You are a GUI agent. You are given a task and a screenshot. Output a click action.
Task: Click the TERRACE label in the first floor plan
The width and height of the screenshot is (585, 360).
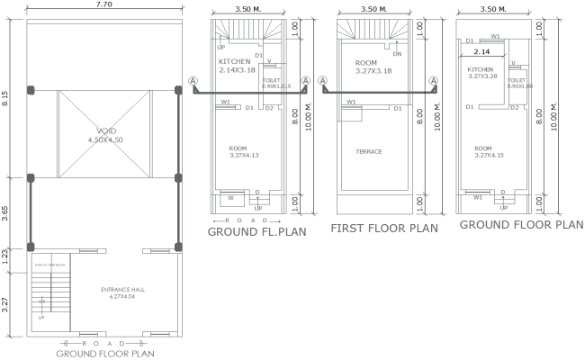(369, 151)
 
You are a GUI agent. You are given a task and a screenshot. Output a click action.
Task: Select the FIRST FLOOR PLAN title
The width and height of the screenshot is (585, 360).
(384, 229)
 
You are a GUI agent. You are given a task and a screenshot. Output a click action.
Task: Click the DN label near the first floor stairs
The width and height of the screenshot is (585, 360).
(397, 54)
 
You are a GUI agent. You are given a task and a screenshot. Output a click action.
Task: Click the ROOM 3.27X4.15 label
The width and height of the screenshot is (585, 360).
(483, 152)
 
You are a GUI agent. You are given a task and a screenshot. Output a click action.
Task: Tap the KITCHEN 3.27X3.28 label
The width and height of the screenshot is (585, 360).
(481, 73)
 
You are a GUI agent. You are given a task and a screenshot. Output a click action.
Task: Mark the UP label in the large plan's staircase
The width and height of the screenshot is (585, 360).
(40, 317)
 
